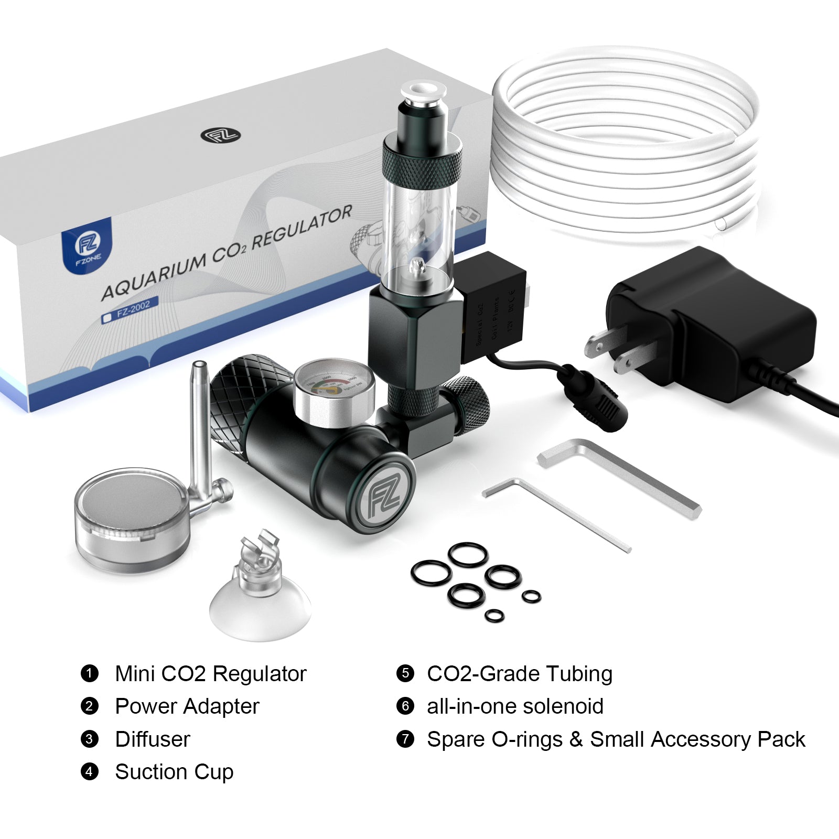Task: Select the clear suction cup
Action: point(261,603)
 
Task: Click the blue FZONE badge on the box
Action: point(87,245)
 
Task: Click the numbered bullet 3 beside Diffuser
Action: point(90,739)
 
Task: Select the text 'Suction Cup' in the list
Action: point(174,772)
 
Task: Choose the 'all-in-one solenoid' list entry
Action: point(515,706)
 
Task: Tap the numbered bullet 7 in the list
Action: point(405,739)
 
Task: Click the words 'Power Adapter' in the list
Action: point(187,706)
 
